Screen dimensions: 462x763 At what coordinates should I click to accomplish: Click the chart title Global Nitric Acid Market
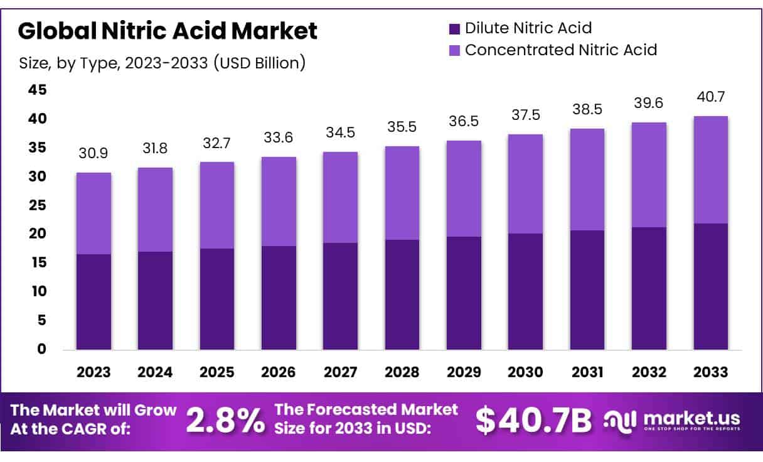pyautogui.click(x=168, y=30)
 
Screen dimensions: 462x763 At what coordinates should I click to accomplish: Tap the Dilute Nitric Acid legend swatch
pyautogui.click(x=455, y=28)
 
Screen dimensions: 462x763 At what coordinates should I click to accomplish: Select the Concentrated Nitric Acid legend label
pyautogui.click(x=560, y=50)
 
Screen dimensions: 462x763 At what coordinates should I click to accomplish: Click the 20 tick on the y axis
pyautogui.click(x=38, y=234)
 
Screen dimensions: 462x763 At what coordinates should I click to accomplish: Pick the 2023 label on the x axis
pyautogui.click(x=93, y=372)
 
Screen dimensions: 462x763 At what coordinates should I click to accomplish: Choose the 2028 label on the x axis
pyautogui.click(x=402, y=372)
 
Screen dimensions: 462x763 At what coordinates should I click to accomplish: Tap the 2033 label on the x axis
pyautogui.click(x=711, y=372)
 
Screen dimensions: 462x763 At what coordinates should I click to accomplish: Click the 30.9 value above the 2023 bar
pyautogui.click(x=93, y=153)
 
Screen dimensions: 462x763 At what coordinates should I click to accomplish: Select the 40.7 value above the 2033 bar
pyautogui.click(x=711, y=97)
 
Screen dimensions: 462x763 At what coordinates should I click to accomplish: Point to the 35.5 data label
pyautogui.click(x=402, y=127)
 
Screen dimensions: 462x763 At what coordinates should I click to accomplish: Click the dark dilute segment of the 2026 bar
pyautogui.click(x=279, y=298)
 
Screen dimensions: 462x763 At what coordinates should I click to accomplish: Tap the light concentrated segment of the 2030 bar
pyautogui.click(x=526, y=184)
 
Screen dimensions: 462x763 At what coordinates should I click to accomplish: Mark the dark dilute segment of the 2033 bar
pyautogui.click(x=711, y=287)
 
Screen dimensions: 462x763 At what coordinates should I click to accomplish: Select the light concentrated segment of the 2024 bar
pyautogui.click(x=155, y=210)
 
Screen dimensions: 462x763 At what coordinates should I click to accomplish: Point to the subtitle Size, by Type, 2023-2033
pyautogui.click(x=163, y=63)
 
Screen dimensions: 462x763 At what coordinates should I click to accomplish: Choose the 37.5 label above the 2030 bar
pyautogui.click(x=526, y=115)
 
